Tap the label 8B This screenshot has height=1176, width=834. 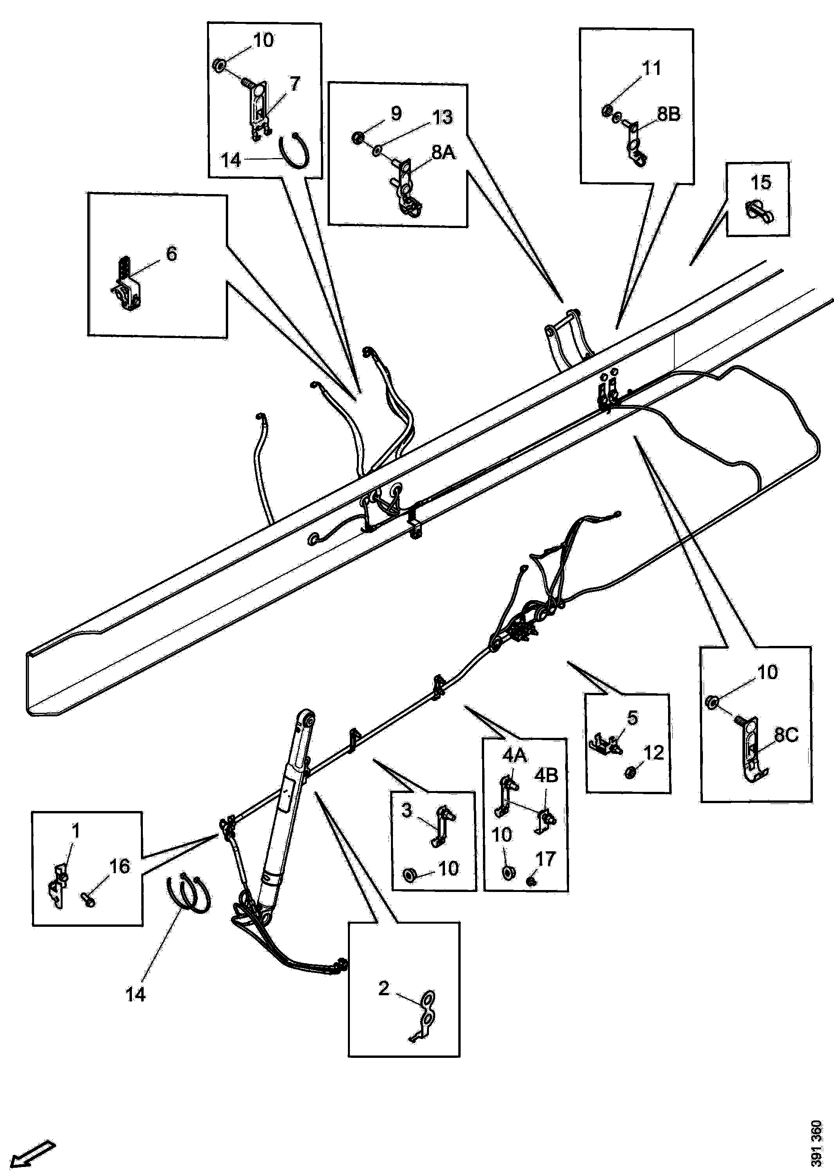tap(668, 114)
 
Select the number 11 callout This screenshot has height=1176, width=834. tap(652, 68)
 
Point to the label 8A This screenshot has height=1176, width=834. tap(443, 153)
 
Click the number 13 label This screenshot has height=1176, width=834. tap(442, 117)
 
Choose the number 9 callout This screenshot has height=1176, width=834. tap(396, 113)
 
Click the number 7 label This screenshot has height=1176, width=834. tap(294, 84)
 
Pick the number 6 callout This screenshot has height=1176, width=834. tap(171, 254)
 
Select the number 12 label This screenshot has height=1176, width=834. tap(653, 753)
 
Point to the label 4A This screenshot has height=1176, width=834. tap(515, 755)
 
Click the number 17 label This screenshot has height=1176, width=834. tap(546, 858)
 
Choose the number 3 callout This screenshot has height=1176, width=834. tap(406, 811)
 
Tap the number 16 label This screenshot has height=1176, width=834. tap(120, 867)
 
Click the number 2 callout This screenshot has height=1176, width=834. tap(384, 988)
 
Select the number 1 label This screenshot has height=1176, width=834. tap(76, 830)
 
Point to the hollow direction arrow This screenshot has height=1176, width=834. tap(32, 1154)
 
